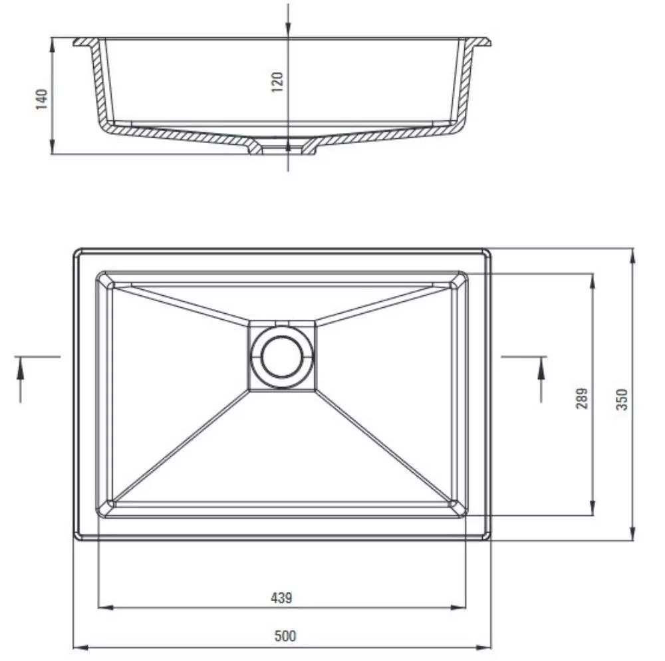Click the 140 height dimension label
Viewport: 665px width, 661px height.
coord(41,99)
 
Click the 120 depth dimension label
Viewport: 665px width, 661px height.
coord(277,82)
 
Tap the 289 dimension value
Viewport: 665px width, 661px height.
coord(582,398)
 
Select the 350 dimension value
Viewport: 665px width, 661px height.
coord(621,400)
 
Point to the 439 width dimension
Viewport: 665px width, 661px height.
coord(281,598)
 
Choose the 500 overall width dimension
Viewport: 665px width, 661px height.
coord(285,636)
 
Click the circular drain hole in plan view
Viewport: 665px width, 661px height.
coord(282,356)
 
